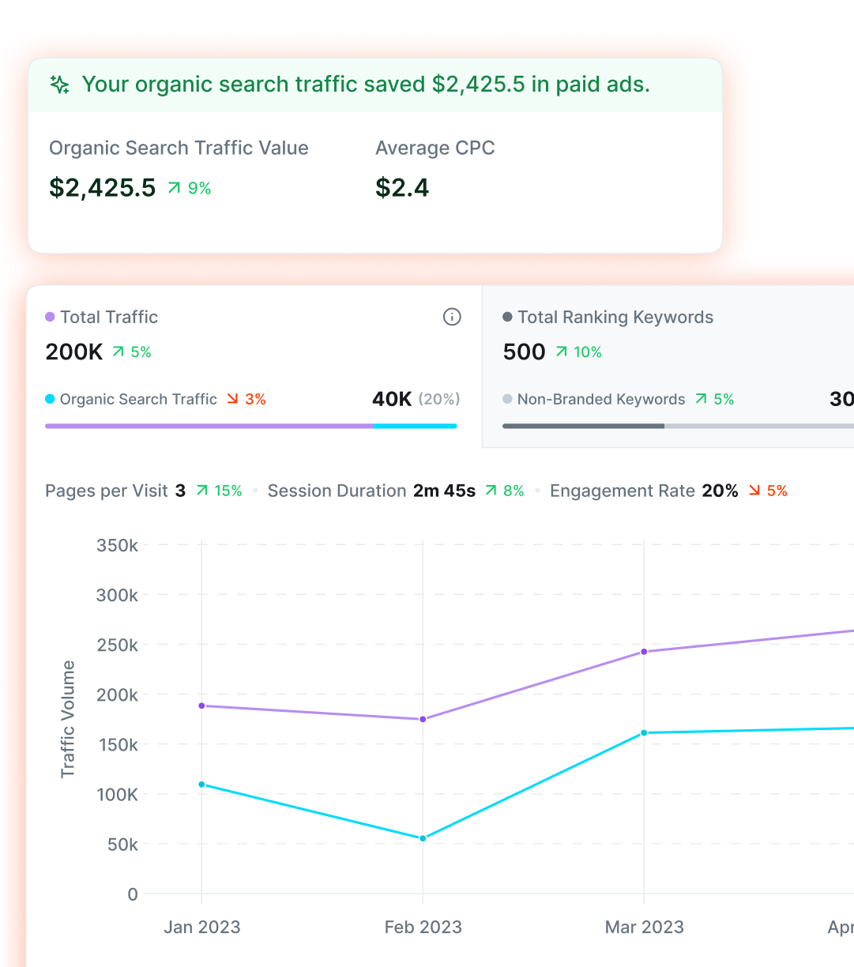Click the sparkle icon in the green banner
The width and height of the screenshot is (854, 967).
60,85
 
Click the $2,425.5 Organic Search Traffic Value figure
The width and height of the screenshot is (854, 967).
103,188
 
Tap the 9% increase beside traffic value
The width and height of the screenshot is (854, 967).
190,188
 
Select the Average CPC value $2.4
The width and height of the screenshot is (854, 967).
402,188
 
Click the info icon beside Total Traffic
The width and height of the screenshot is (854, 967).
452,317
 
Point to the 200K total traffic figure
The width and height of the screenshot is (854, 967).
74,352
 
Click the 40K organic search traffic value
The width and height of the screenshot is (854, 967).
392,399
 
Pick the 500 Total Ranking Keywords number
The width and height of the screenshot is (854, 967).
525,352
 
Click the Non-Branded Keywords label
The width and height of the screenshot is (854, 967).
601,399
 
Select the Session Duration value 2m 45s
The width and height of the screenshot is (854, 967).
444,491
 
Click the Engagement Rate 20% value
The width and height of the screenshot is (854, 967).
720,491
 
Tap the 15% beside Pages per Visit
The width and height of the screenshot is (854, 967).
219,491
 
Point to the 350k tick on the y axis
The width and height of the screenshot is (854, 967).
117,545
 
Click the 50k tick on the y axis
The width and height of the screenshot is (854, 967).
122,845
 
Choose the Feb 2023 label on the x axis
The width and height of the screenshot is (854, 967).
423,927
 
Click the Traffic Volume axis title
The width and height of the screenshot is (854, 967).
68,719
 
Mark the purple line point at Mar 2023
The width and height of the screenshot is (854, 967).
644,652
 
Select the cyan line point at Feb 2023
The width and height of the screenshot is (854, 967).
423,838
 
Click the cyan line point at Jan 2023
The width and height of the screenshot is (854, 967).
201,785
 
